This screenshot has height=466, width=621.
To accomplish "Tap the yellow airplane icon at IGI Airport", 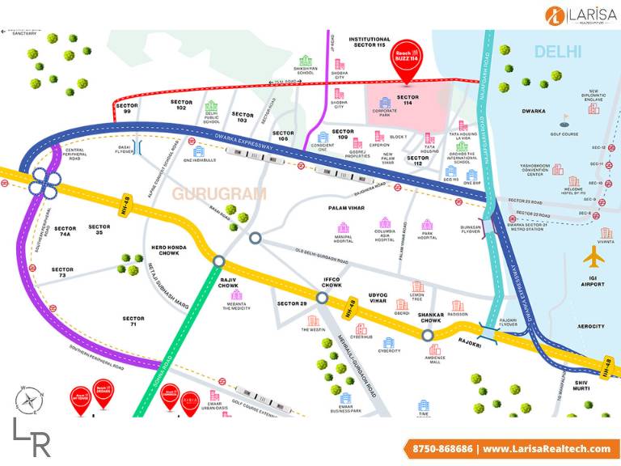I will pyautogui.click(x=594, y=257).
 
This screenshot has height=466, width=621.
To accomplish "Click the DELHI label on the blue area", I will pyautogui.click(x=557, y=52).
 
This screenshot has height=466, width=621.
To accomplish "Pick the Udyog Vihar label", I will pyautogui.click(x=369, y=299).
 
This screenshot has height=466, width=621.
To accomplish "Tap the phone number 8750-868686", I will pyautogui.click(x=441, y=448).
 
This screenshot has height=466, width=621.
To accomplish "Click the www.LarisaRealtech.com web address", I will pyautogui.click(x=546, y=448).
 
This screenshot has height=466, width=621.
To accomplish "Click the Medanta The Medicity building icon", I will pyautogui.click(x=237, y=297).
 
